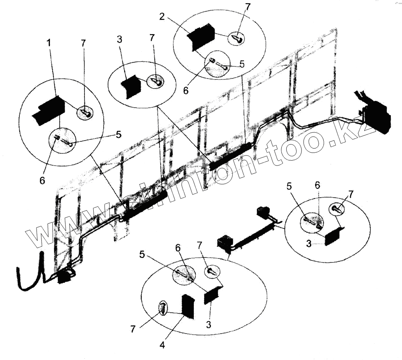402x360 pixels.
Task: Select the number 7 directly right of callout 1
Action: [83, 43]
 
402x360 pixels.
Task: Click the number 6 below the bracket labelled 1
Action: [42, 181]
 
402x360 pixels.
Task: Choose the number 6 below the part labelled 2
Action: [185, 91]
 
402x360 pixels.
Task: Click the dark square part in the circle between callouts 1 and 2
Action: [131, 86]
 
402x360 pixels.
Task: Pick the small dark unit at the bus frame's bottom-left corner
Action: [64, 277]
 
